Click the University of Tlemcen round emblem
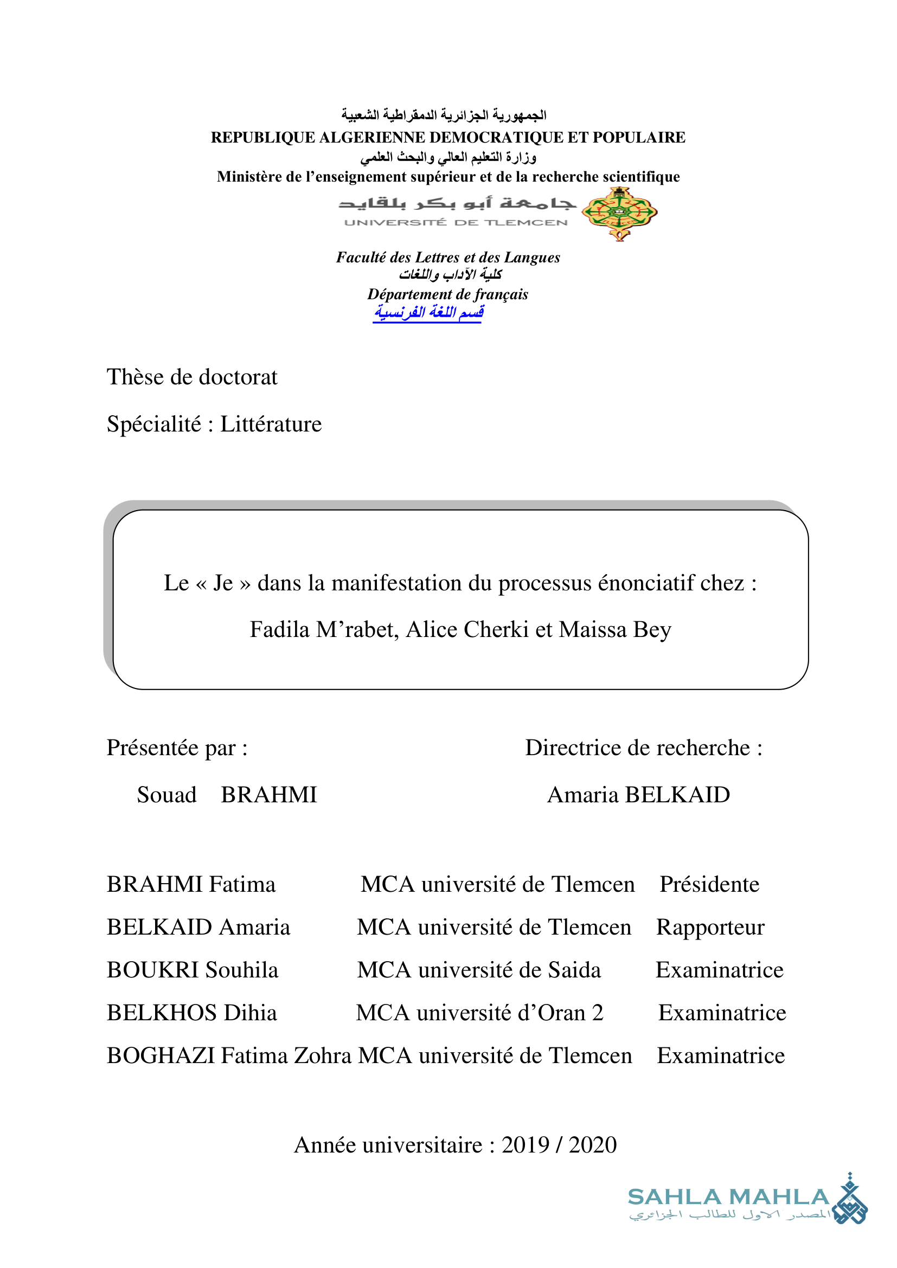620,213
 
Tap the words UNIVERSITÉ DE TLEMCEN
456,223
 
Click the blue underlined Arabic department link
428,313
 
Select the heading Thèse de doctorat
191,377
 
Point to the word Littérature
271,424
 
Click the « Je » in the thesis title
223,583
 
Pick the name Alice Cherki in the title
467,629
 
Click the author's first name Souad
167,795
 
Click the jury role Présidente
709,884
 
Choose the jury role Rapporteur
710,927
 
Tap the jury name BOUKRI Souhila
192,970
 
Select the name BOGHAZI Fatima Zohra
229,1055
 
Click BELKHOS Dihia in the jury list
191,1013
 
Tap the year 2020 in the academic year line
592,1145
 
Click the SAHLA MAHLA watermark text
728,1198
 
